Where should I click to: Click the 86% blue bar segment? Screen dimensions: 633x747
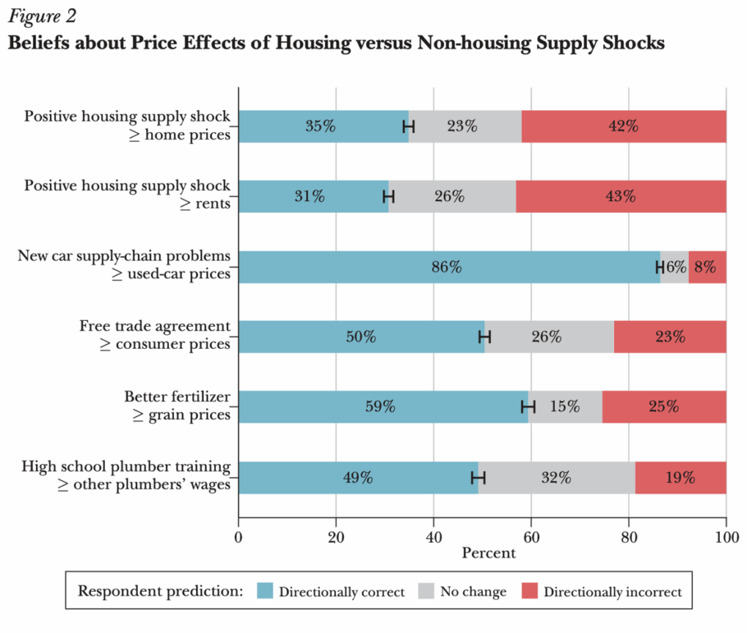[x=449, y=267]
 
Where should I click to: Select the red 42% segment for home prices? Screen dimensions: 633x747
[x=623, y=126]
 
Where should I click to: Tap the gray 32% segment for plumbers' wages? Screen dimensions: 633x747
[x=556, y=477]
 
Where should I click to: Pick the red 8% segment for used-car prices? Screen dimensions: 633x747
[x=707, y=267]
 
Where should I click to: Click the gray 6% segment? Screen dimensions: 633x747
[x=674, y=267]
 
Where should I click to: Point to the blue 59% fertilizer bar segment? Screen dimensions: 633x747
[x=383, y=406]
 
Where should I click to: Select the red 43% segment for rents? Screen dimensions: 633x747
[x=621, y=196]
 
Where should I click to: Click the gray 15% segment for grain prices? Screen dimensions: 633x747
[x=565, y=406]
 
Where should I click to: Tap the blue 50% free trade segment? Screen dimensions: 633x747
[x=361, y=337]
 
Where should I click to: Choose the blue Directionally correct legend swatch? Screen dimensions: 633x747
[x=264, y=590]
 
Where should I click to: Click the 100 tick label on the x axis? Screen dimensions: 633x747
[x=726, y=539]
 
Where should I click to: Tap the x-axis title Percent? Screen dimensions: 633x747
[x=488, y=553]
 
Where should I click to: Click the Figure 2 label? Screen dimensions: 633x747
[x=39, y=16]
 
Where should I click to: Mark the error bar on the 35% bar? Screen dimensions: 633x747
[x=408, y=126]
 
